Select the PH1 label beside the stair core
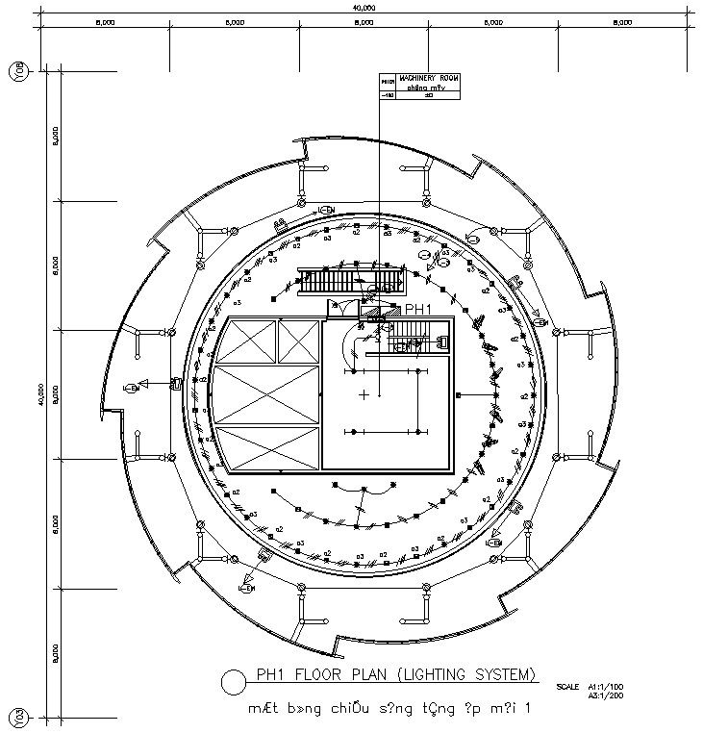click(x=418, y=309)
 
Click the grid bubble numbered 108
click(x=17, y=71)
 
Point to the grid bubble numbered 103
click(x=17, y=718)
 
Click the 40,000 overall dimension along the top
click(x=364, y=8)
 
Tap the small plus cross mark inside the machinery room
click(x=364, y=394)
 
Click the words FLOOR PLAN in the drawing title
click(x=339, y=674)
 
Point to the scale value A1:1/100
click(x=606, y=686)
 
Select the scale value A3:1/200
click(x=606, y=695)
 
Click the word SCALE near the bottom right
click(x=567, y=686)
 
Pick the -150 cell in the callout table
click(x=389, y=95)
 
